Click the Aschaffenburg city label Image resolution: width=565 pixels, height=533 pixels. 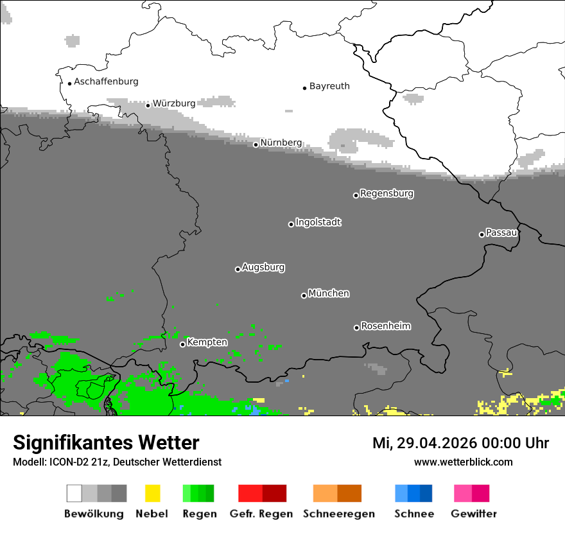[x=106, y=82]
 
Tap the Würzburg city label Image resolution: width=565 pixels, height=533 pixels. [x=174, y=103]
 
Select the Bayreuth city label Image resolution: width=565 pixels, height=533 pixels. [x=329, y=86]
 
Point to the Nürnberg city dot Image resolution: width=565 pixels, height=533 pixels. [x=256, y=144]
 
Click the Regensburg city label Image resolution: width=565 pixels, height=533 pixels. [x=387, y=193]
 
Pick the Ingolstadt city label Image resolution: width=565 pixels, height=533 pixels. [x=318, y=222]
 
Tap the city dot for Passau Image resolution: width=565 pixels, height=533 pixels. [x=482, y=234]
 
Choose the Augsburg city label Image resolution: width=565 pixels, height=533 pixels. [x=263, y=267]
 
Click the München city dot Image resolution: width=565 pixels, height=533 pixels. [x=304, y=295]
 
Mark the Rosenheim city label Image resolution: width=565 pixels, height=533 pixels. [x=386, y=326]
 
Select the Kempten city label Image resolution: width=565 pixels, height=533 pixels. [x=207, y=342]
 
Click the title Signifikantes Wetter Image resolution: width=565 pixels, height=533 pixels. [x=106, y=442]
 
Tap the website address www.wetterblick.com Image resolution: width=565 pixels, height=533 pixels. [x=463, y=462]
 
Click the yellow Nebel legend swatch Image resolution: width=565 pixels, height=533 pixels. [x=152, y=493]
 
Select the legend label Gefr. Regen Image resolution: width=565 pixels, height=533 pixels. [x=261, y=514]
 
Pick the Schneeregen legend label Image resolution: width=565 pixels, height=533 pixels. [x=339, y=514]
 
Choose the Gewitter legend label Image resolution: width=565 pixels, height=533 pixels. [x=473, y=514]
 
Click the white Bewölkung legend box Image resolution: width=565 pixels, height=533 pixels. [x=74, y=493]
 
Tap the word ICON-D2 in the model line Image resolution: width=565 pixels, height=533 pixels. [x=64, y=462]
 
